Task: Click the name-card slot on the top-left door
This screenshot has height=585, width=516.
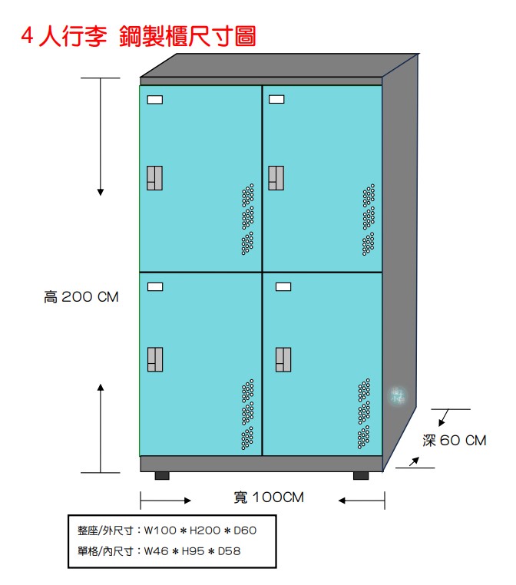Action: [x=155, y=100]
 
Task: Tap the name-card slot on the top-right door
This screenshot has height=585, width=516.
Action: [x=276, y=99]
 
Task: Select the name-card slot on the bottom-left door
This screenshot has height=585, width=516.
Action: [x=155, y=286]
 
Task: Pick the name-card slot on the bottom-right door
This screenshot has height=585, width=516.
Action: [x=283, y=286]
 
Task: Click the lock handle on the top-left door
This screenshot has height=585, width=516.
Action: [x=154, y=178]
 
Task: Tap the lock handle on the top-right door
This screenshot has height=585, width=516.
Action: [x=276, y=178]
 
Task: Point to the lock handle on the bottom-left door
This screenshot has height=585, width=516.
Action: [x=155, y=359]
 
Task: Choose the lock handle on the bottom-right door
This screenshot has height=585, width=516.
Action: [x=283, y=359]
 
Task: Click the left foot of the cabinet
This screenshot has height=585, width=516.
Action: [x=162, y=476]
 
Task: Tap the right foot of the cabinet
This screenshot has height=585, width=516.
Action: [x=361, y=476]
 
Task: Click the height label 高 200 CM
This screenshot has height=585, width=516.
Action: [x=81, y=297]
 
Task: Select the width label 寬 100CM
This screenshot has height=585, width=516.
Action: [x=269, y=497]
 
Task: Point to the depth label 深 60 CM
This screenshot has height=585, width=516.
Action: [x=455, y=440]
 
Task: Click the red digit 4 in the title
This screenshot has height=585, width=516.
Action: [x=27, y=36]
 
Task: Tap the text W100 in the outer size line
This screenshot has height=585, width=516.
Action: [x=160, y=530]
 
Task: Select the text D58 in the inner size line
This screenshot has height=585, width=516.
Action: [x=229, y=551]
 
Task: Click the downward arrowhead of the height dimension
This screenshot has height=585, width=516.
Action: [x=101, y=192]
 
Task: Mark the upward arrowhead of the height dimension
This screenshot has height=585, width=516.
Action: [x=101, y=387]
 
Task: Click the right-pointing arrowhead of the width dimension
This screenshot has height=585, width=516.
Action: [x=188, y=501]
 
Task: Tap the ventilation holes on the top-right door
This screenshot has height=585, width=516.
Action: [x=369, y=220]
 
